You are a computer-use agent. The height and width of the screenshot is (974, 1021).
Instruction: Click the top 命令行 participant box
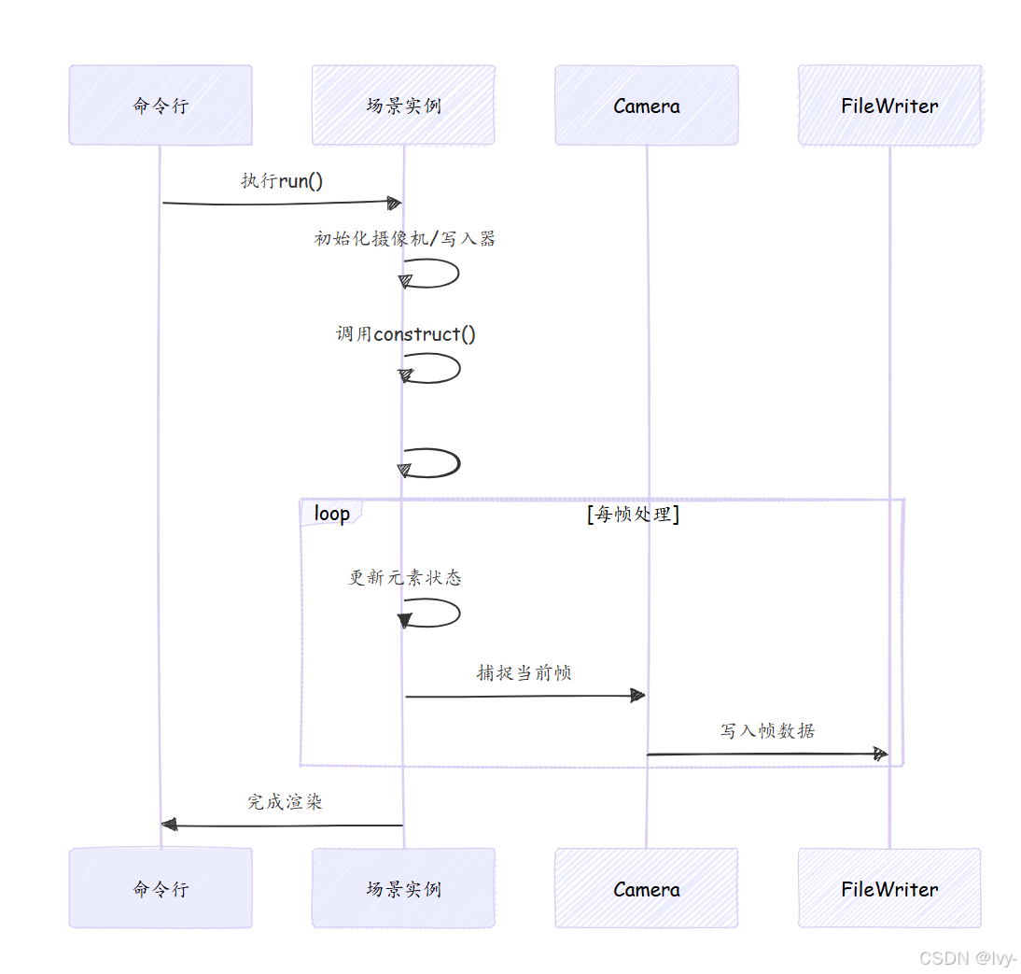coord(161,106)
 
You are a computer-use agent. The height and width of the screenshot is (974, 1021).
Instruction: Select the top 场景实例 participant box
coord(403,106)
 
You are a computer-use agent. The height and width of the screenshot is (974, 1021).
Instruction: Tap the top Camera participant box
coord(647,106)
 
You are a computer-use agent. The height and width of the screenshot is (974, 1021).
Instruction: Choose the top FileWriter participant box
coord(889,106)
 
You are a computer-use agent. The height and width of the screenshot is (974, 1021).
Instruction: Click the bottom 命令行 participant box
coord(161,888)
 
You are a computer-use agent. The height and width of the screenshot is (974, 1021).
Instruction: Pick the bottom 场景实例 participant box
coord(403,888)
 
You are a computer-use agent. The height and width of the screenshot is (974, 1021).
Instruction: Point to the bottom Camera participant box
coord(647,888)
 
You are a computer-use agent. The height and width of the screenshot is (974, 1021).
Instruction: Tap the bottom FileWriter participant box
coord(889,888)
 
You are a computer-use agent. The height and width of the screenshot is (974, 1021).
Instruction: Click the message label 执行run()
coord(282,180)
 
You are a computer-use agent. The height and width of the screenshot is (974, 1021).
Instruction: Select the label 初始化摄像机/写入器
coord(404,238)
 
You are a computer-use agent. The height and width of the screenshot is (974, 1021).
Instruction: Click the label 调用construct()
coord(406,333)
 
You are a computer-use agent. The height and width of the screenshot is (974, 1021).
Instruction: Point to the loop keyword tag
coord(331,514)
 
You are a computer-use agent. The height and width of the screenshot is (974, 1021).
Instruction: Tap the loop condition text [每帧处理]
coord(633,514)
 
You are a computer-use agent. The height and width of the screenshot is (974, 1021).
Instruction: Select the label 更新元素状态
coord(405,577)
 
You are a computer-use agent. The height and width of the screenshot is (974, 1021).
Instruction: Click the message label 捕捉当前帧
coord(524,672)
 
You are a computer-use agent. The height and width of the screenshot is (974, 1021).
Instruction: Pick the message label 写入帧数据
coord(767,730)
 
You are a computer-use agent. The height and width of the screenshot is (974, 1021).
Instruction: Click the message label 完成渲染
coord(285,801)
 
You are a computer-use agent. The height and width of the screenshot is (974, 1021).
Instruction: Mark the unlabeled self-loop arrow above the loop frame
coord(434,463)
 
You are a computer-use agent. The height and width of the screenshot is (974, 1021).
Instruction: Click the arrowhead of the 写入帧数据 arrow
coord(879,754)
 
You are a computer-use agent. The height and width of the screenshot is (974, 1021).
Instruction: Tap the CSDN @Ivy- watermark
coord(967,958)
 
